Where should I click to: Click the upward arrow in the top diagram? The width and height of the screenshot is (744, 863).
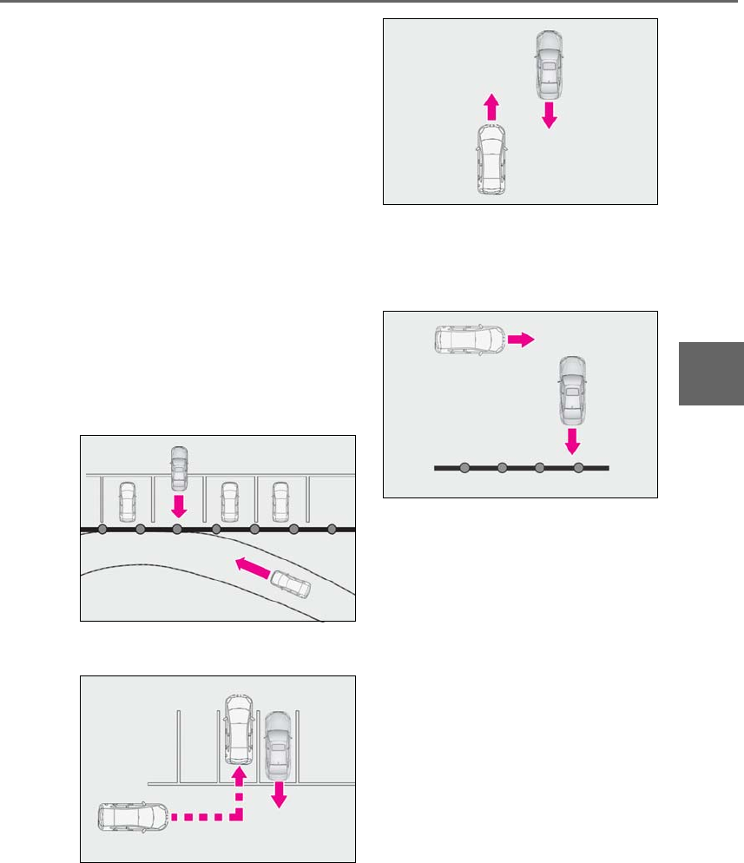(x=491, y=107)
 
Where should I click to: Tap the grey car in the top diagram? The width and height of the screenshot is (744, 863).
(x=549, y=66)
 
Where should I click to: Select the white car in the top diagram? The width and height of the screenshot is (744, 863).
(x=491, y=159)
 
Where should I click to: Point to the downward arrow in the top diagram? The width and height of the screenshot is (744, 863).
(x=549, y=115)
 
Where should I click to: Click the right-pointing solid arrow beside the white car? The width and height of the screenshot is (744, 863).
(x=521, y=339)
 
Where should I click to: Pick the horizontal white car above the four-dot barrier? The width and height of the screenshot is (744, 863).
(x=470, y=339)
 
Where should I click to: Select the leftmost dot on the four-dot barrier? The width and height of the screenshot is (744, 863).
(x=464, y=468)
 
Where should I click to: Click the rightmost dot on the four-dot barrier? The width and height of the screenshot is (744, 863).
(x=578, y=468)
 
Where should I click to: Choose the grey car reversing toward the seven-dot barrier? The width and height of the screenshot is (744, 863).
(x=179, y=467)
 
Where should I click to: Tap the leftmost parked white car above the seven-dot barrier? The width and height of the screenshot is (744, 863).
(x=128, y=501)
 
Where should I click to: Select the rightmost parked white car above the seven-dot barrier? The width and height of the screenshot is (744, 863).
(x=280, y=501)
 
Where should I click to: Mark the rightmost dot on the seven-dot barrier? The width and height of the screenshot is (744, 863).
(x=332, y=529)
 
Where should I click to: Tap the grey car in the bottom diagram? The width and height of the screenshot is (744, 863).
(x=278, y=746)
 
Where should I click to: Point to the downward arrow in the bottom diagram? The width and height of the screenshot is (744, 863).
(x=280, y=793)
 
